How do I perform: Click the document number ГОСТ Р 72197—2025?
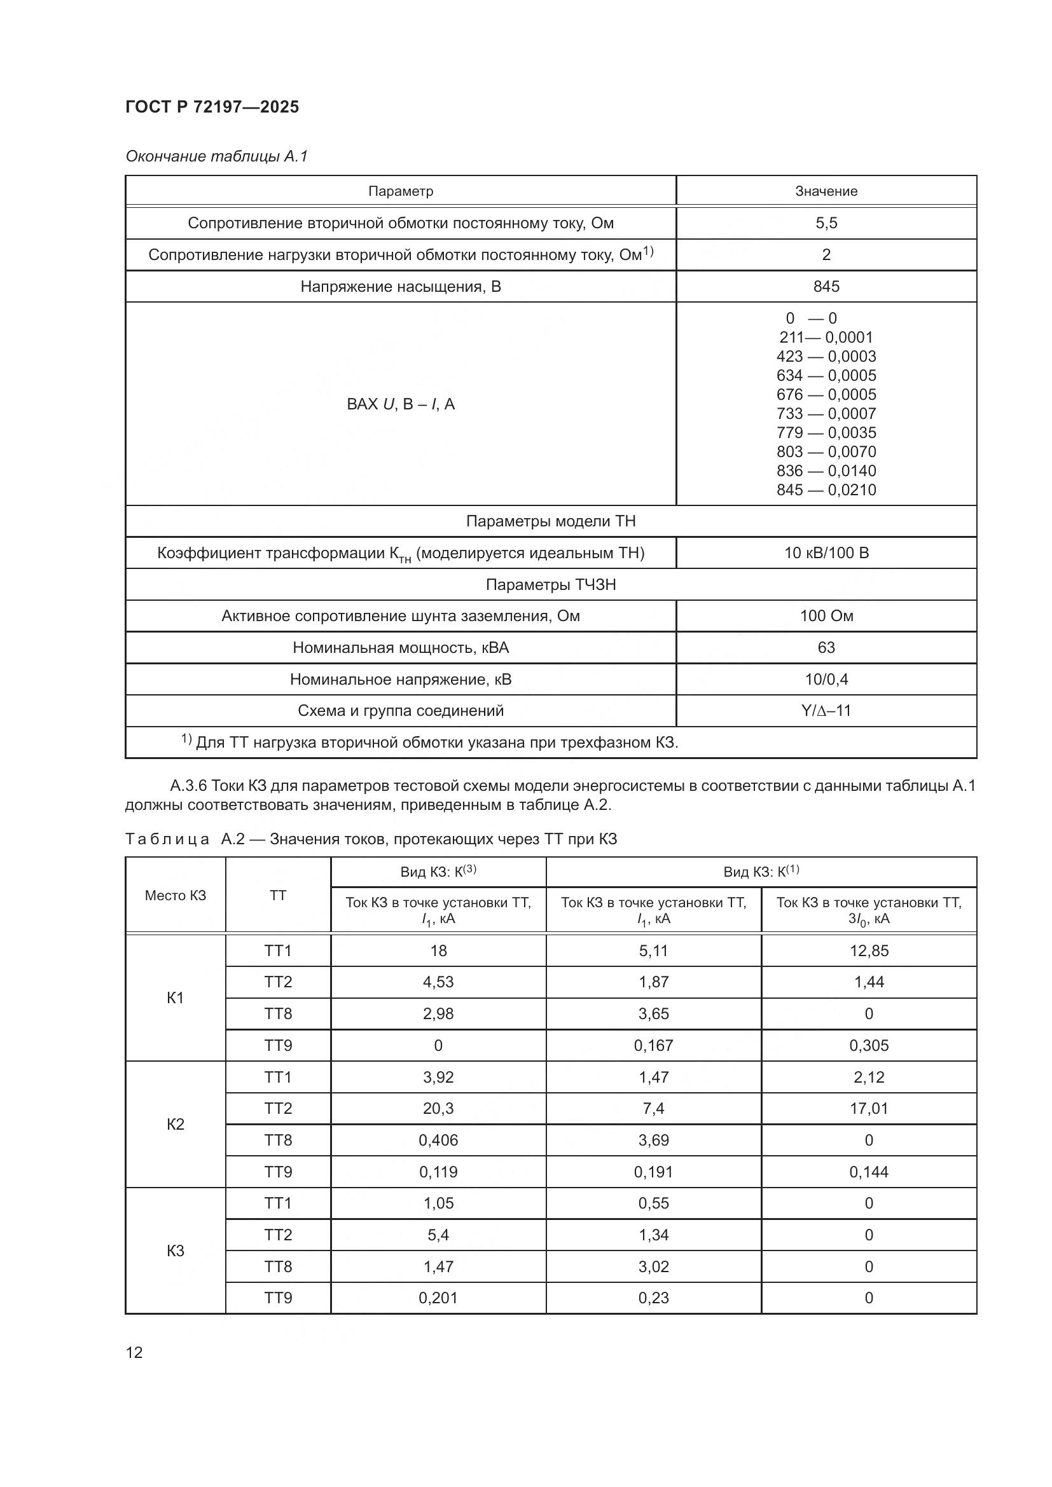212,107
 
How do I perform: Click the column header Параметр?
400,191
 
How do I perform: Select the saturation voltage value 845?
826,286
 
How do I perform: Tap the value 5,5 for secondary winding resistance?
826,223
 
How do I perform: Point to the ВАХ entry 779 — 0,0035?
826,433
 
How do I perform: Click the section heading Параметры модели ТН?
551,521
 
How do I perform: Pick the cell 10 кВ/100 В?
826,553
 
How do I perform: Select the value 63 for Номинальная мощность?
826,648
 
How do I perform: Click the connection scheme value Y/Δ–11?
826,711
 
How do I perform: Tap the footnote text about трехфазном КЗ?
436,742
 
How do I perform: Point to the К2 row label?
176,1123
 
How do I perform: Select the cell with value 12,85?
869,950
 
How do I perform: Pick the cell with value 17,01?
869,1108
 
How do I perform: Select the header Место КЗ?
176,896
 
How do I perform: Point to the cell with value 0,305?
869,1045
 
